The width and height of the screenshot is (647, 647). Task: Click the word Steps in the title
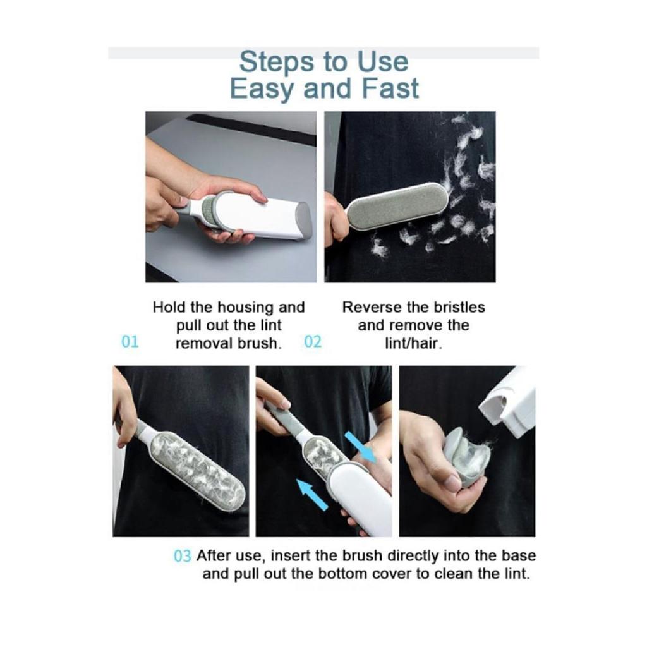(x=278, y=63)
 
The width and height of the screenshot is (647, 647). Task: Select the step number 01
(x=130, y=342)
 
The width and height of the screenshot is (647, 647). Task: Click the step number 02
(x=312, y=342)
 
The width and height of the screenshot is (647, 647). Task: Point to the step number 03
(x=183, y=556)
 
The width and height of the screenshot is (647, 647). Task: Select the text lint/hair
(x=414, y=343)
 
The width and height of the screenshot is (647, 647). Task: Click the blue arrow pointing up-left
(x=312, y=495)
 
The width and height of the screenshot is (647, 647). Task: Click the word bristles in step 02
(x=459, y=308)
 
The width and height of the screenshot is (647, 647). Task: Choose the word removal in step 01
(x=203, y=343)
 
